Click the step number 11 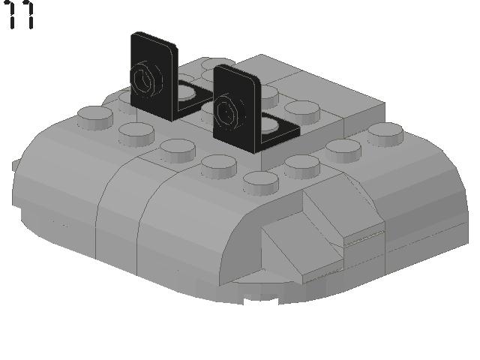pyautogui.click(x=20, y=15)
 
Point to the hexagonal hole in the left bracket pyautogui.click(x=144, y=78)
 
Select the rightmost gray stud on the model pyautogui.click(x=385, y=133)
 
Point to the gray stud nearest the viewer pyautogui.click(x=260, y=181)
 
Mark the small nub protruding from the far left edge pyautogui.click(x=15, y=164)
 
